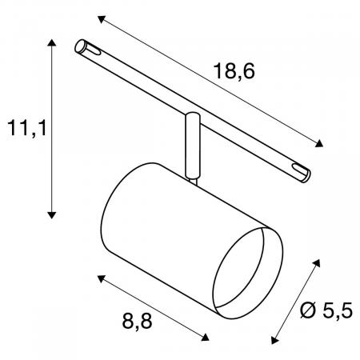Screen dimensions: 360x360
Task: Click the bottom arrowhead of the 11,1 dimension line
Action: click(52, 214)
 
